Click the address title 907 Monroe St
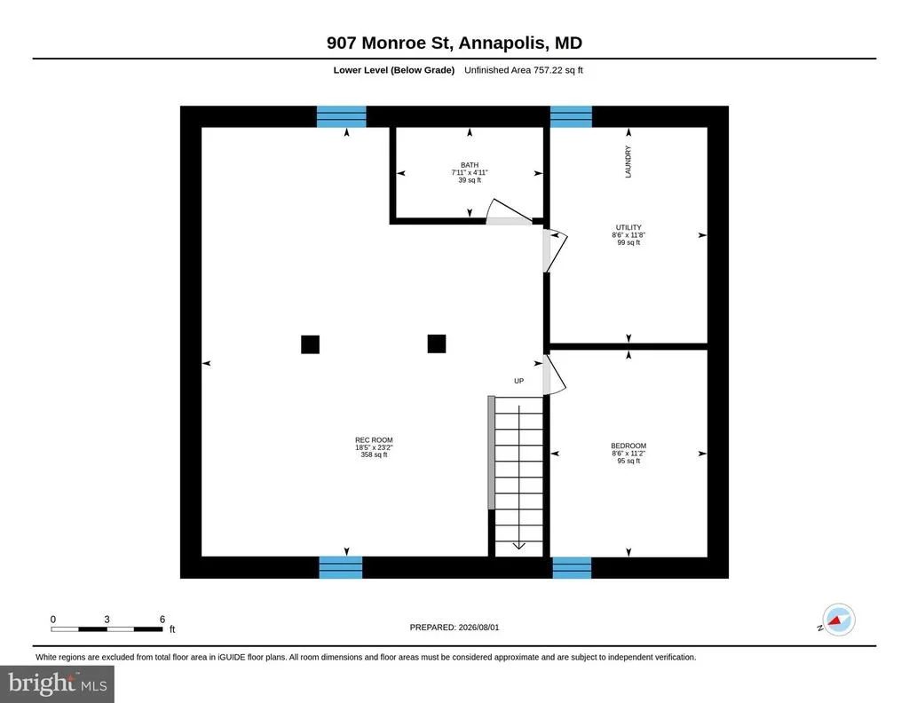pyautogui.click(x=391, y=43)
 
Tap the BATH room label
pyautogui.click(x=470, y=165)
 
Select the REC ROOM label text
pyautogui.click(x=374, y=440)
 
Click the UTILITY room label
pyautogui.click(x=628, y=228)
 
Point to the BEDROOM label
pyautogui.click(x=628, y=446)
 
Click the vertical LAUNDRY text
pyautogui.click(x=628, y=162)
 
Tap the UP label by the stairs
pyautogui.click(x=518, y=381)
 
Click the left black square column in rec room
pyautogui.click(x=310, y=344)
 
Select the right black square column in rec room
pyautogui.click(x=437, y=344)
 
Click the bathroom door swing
pyautogui.click(x=509, y=211)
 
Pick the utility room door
pyautogui.click(x=554, y=250)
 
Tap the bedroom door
pyautogui.click(x=553, y=375)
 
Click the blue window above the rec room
pyautogui.click(x=342, y=116)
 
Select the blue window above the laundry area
pyautogui.click(x=571, y=116)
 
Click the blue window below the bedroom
pyautogui.click(x=572, y=567)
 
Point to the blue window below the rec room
pyautogui.click(x=341, y=567)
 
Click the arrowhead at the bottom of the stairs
pyautogui.click(x=518, y=546)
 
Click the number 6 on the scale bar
pyautogui.click(x=162, y=619)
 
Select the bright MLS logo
pyautogui.click(x=58, y=683)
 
